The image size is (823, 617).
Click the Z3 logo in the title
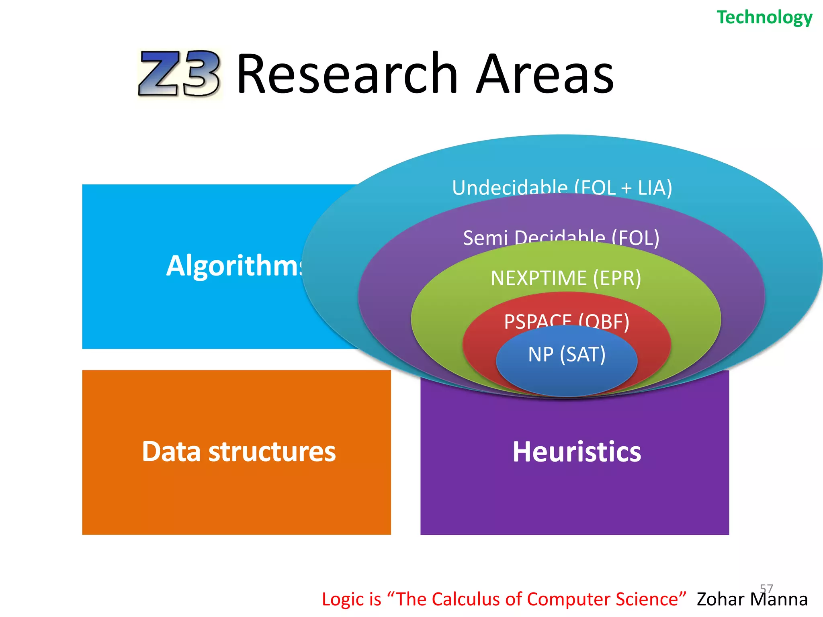click(179, 74)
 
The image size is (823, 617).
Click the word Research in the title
click(347, 74)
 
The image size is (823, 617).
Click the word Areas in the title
click(545, 74)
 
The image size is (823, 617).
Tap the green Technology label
click(764, 18)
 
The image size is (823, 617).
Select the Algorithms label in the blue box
click(235, 266)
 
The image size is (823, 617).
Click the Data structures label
click(239, 452)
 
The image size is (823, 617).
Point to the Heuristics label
click(577, 452)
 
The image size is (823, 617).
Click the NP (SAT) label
click(567, 354)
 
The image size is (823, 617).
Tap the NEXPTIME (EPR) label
click(566, 278)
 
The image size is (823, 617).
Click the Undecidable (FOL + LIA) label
click(562, 187)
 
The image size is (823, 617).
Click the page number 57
click(766, 588)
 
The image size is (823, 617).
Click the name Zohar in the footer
click(721, 599)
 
